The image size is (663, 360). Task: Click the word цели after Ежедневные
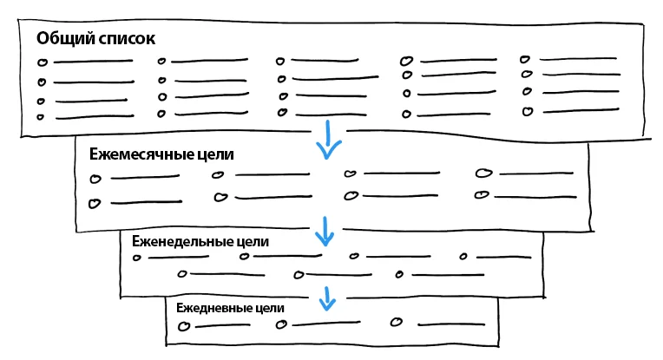click(x=270, y=308)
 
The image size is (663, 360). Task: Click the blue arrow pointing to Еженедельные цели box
click(x=325, y=232)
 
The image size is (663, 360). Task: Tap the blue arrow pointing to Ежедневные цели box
click(x=326, y=298)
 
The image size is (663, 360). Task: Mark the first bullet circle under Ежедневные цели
click(x=183, y=326)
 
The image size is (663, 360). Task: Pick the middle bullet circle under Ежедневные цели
click(x=280, y=325)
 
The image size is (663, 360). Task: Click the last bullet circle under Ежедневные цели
click(x=397, y=322)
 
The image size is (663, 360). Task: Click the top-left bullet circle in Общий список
click(x=42, y=62)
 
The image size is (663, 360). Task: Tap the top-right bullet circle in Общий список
click(x=525, y=60)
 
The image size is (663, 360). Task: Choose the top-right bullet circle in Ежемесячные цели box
click(x=482, y=173)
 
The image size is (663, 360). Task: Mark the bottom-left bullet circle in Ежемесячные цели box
click(x=95, y=203)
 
